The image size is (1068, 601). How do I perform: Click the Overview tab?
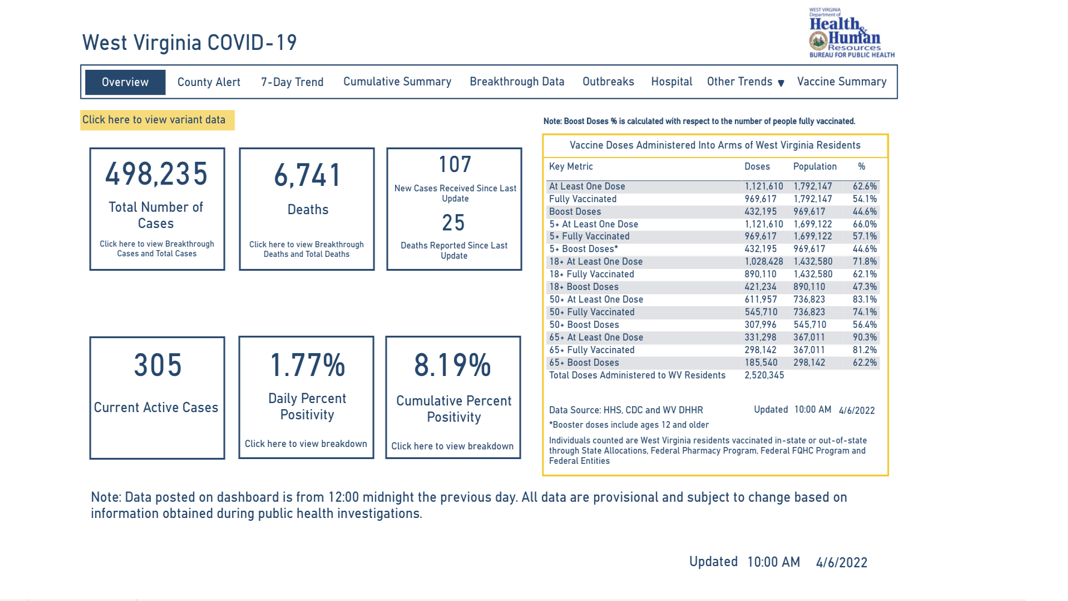click(x=125, y=82)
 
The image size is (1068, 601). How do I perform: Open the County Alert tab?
click(x=209, y=82)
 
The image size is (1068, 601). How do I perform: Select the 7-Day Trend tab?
click(x=292, y=82)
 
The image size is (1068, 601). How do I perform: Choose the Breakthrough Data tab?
click(x=517, y=82)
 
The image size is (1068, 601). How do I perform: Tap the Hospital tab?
click(x=671, y=82)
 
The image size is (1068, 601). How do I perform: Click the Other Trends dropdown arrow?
click(x=781, y=83)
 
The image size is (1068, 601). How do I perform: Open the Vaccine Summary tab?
click(x=841, y=82)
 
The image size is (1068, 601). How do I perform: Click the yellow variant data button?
click(x=155, y=120)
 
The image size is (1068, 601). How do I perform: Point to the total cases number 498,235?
click(x=156, y=174)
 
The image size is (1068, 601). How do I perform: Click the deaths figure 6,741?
click(x=307, y=176)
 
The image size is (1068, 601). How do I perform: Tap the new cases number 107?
click(x=455, y=165)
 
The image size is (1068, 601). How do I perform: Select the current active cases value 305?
click(x=158, y=365)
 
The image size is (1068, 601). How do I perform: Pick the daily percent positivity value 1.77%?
click(x=307, y=365)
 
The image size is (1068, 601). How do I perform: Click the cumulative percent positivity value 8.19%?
click(x=453, y=365)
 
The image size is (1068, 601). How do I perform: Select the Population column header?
click(x=814, y=167)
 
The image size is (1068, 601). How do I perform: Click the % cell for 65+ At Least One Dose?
click(x=864, y=337)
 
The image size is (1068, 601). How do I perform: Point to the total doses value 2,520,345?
click(x=764, y=375)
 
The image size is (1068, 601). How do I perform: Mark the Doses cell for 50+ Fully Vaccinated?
click(x=761, y=312)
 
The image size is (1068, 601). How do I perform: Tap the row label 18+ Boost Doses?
click(x=583, y=287)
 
